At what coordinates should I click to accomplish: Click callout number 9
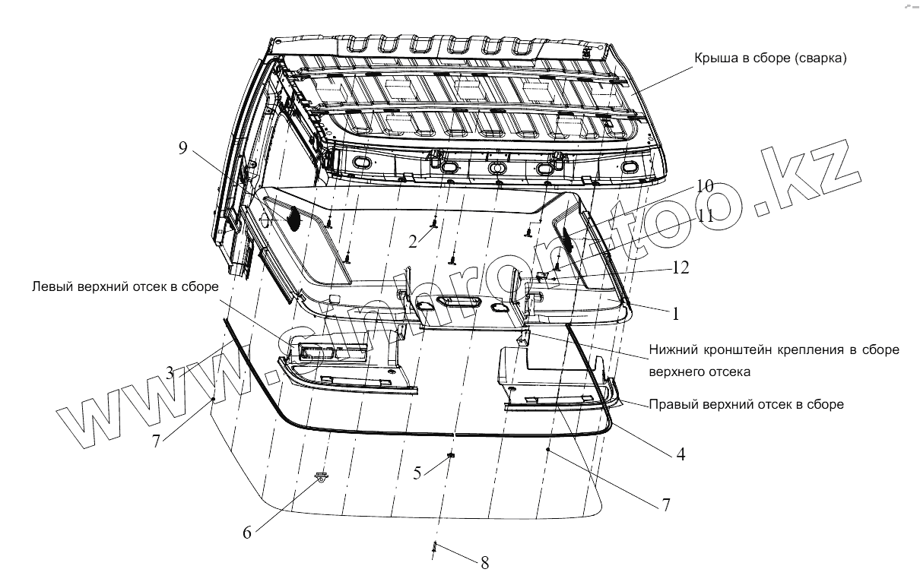(182, 147)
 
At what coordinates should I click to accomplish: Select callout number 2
(412, 242)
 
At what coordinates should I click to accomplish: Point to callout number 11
(706, 215)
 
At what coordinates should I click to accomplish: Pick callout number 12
(680, 268)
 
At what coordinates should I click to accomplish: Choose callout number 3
(171, 372)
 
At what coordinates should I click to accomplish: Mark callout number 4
(680, 454)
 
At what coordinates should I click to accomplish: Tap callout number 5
(417, 473)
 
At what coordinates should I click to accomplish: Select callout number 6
(247, 533)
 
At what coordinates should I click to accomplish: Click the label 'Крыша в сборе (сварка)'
(769, 58)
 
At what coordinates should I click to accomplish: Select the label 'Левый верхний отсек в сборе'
(125, 287)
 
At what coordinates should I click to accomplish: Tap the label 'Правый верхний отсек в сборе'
(746, 404)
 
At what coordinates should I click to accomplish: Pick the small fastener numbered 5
(451, 454)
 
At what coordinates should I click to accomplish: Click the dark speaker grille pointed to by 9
(293, 218)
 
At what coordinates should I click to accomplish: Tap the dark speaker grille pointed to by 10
(566, 238)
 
